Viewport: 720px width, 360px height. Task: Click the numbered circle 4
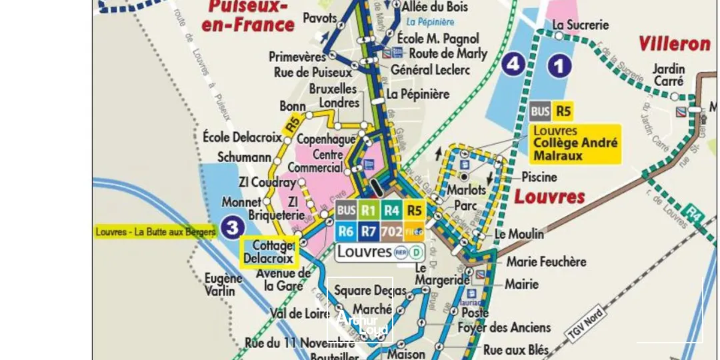click(x=513, y=65)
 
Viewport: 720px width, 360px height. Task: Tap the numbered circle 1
click(x=559, y=65)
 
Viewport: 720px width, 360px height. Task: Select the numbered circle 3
click(x=232, y=228)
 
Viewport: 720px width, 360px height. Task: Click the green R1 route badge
click(x=369, y=211)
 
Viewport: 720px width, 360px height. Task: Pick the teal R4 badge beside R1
click(x=392, y=211)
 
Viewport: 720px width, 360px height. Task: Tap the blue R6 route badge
click(x=345, y=231)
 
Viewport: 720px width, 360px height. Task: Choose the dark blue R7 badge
click(x=369, y=231)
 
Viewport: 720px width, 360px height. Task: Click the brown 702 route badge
click(x=392, y=231)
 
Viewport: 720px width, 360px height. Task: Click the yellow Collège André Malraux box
click(x=575, y=144)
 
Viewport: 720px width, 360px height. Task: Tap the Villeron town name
click(x=674, y=44)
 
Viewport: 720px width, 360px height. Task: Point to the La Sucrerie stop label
click(x=581, y=25)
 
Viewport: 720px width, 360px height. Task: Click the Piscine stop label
click(x=539, y=177)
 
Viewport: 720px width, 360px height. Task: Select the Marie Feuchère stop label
click(x=546, y=261)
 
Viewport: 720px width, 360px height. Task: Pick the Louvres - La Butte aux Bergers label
click(x=155, y=232)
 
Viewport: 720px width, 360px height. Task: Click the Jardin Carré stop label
click(x=668, y=74)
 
